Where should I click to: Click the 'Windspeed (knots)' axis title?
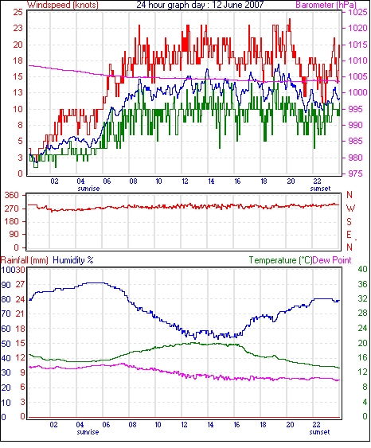click(63, 5)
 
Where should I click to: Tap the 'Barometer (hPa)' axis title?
click(326, 5)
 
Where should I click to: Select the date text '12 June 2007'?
click(238, 5)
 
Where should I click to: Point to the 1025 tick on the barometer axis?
click(357, 12)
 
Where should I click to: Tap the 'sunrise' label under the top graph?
click(88, 189)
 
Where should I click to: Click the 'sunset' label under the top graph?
click(320, 189)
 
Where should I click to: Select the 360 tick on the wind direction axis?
click(11, 196)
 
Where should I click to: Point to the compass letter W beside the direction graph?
click(350, 208)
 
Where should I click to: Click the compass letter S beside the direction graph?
click(350, 221)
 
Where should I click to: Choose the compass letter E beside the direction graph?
click(349, 235)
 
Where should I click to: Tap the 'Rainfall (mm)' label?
click(25, 260)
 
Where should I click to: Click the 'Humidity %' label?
click(73, 260)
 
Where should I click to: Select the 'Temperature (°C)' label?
click(280, 260)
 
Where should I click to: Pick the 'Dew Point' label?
click(332, 260)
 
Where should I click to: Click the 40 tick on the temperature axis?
click(363, 269)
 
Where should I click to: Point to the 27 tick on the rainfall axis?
click(21, 284)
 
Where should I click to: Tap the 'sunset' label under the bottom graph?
click(319, 432)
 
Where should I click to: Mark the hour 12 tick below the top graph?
click(185, 181)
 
